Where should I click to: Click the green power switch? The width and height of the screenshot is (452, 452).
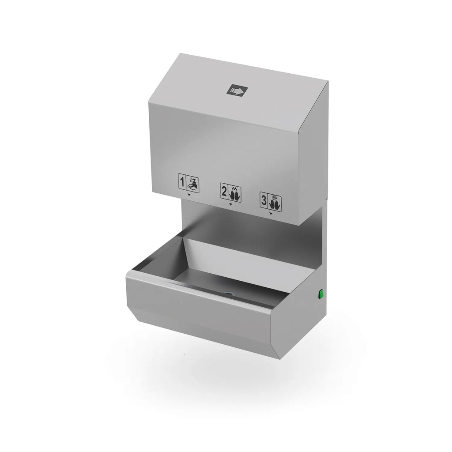click(320, 294)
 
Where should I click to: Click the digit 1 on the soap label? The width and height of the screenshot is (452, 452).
click(182, 182)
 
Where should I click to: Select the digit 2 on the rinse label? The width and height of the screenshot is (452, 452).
click(224, 192)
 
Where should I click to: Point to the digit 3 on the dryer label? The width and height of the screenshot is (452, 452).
click(264, 200)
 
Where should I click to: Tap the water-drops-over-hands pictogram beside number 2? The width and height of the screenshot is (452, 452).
click(235, 193)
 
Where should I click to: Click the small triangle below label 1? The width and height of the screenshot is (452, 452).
click(189, 195)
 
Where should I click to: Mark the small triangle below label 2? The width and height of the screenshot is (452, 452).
click(230, 204)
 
